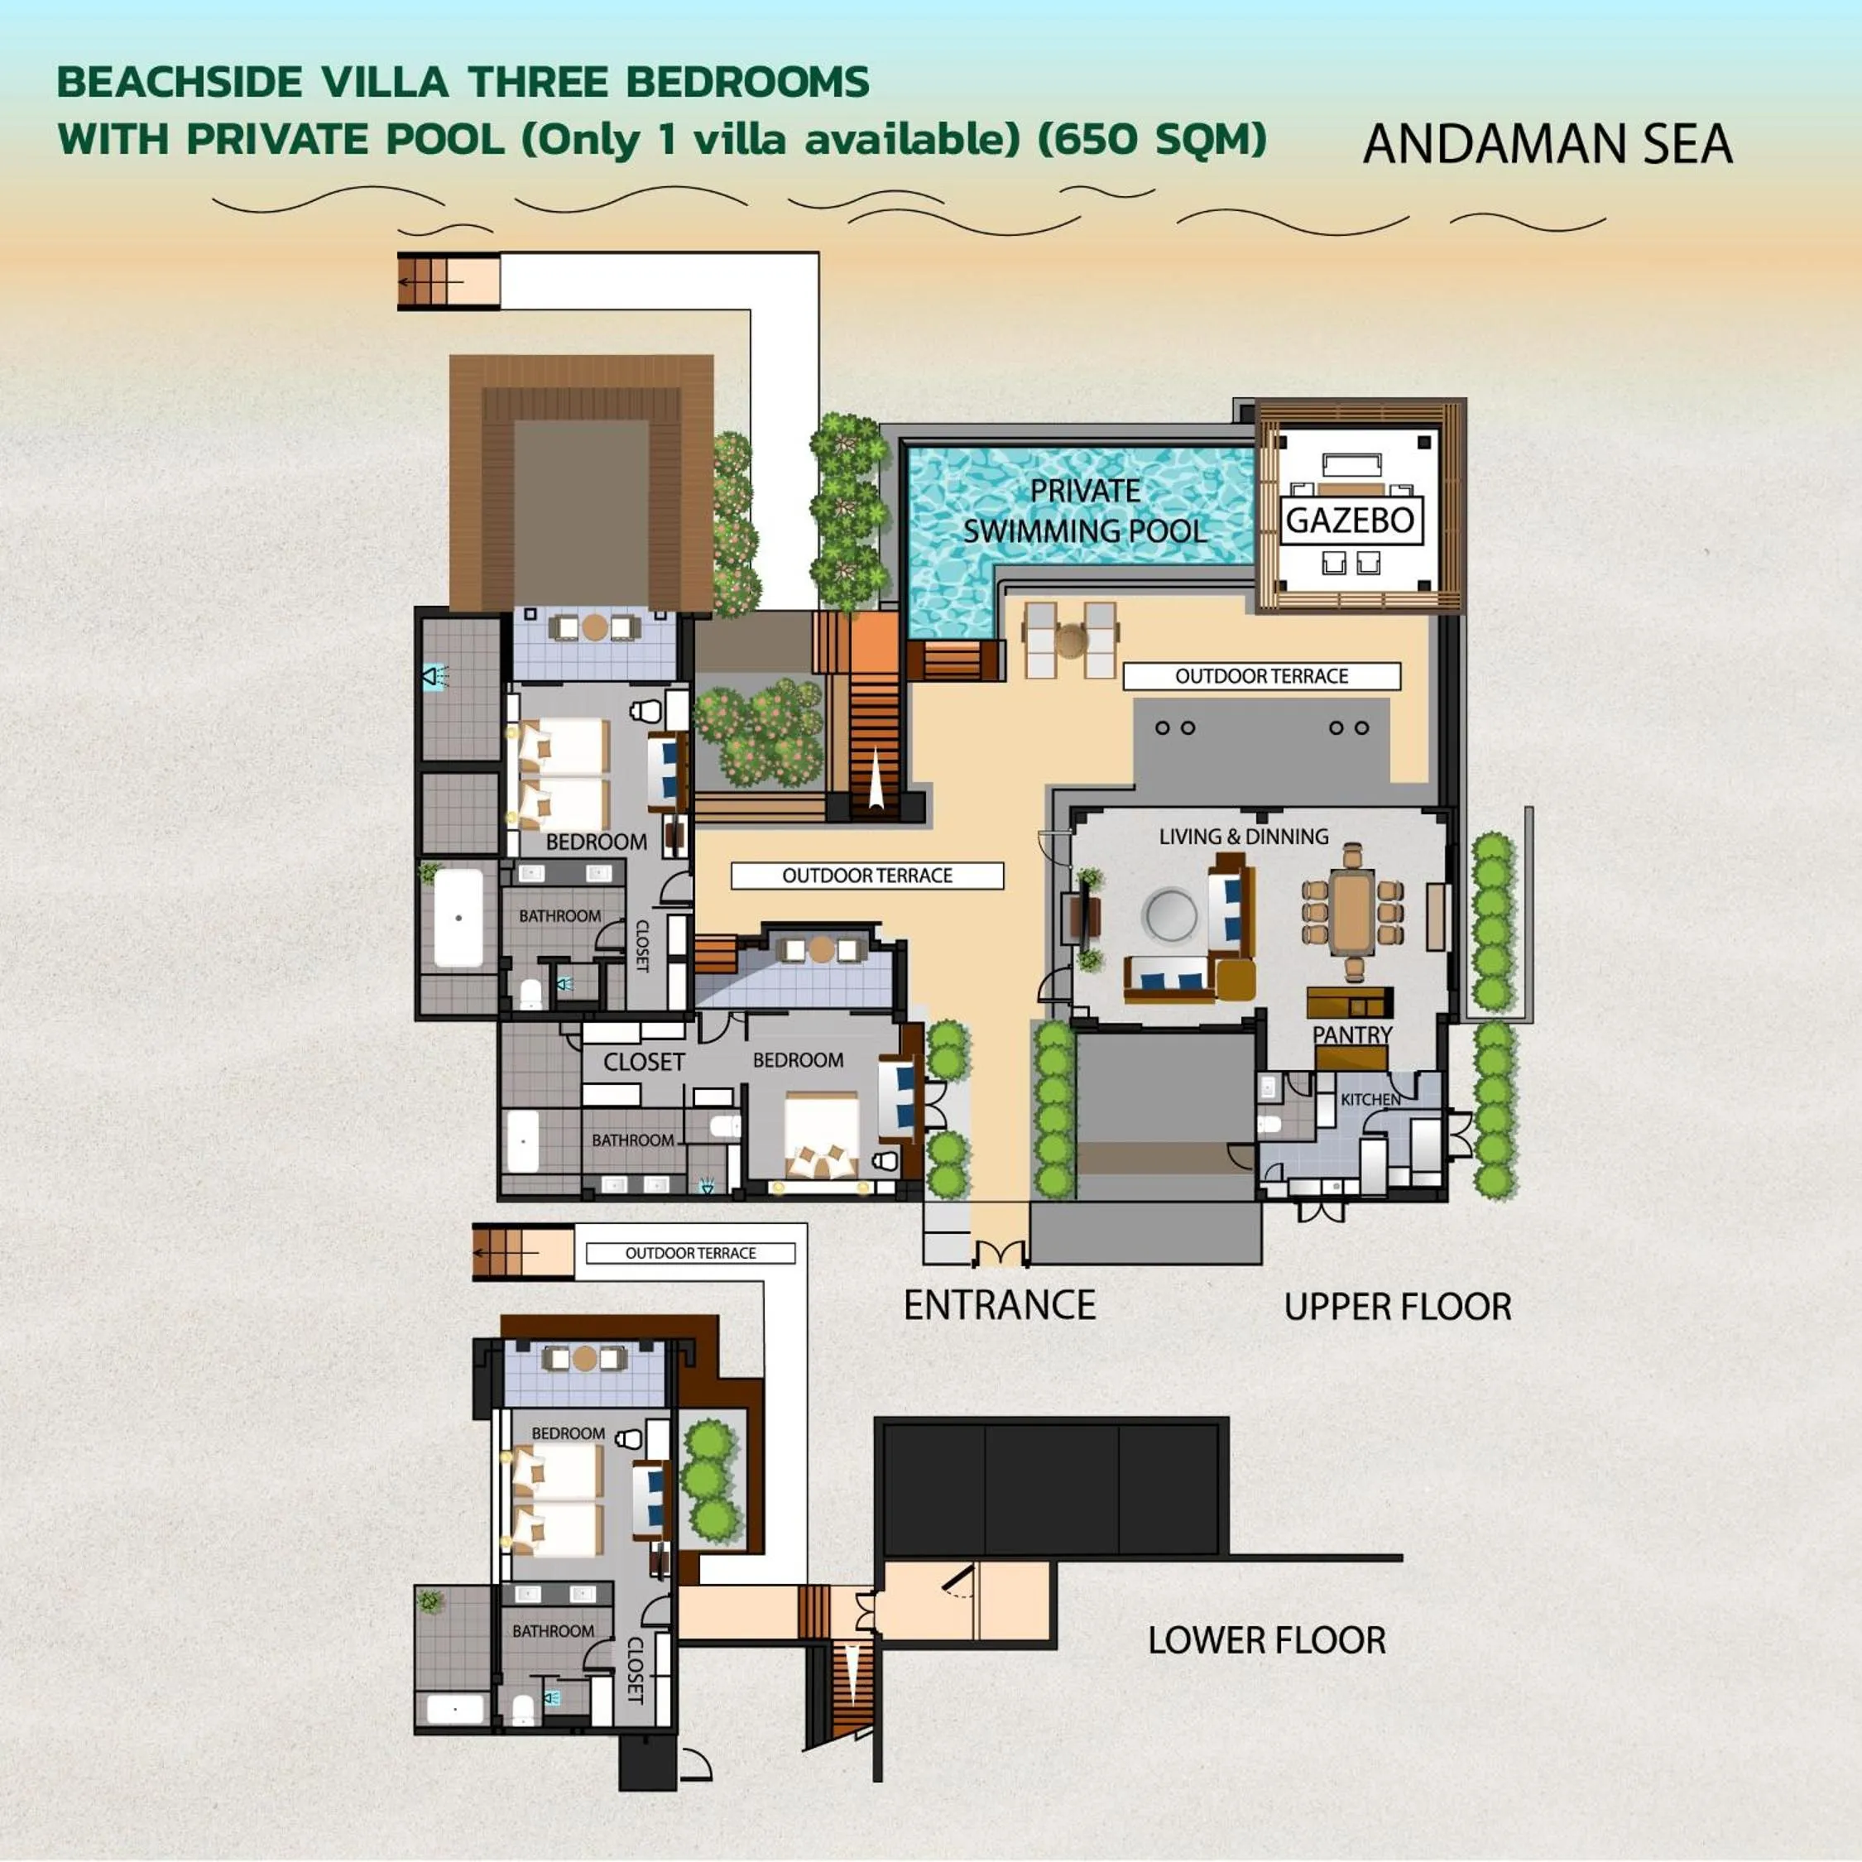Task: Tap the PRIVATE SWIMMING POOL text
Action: (x=1085, y=511)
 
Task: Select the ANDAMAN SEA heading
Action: (x=1547, y=145)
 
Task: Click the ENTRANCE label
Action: (x=1000, y=1306)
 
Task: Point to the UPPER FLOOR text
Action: (x=1397, y=1308)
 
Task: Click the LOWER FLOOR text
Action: (x=1266, y=1640)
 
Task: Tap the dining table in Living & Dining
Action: (x=1353, y=912)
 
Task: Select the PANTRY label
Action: (x=1352, y=1035)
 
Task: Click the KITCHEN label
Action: (x=1370, y=1100)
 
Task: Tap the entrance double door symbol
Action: (x=1001, y=1254)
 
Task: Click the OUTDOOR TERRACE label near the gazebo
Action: (x=1260, y=677)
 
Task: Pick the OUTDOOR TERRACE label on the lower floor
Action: (x=690, y=1253)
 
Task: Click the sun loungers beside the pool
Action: (x=1070, y=639)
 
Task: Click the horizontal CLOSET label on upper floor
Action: (x=644, y=1062)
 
